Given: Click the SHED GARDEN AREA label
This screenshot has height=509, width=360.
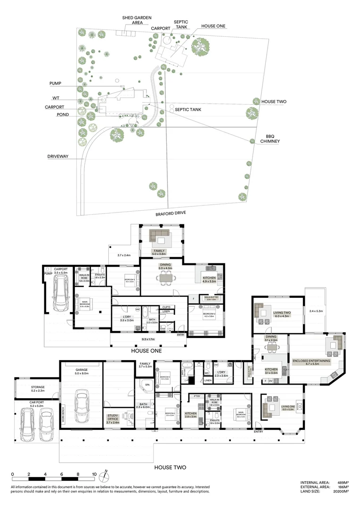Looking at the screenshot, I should pos(137,20).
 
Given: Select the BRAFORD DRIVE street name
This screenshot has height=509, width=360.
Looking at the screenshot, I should pos(171,213).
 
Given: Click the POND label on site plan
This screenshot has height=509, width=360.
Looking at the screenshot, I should pos(63,115).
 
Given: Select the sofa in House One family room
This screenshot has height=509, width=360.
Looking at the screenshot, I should pos(159,235).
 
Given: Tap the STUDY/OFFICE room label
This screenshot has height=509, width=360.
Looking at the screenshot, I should pos(113,421).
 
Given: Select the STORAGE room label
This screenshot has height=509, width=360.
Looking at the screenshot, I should pos(38,388).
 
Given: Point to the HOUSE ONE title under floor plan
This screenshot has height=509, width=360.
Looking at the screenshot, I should pos(146,351).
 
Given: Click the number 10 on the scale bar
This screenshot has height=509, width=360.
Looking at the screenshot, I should pos(94,474).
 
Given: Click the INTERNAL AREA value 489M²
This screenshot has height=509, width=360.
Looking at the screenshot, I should pos(343,483).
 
